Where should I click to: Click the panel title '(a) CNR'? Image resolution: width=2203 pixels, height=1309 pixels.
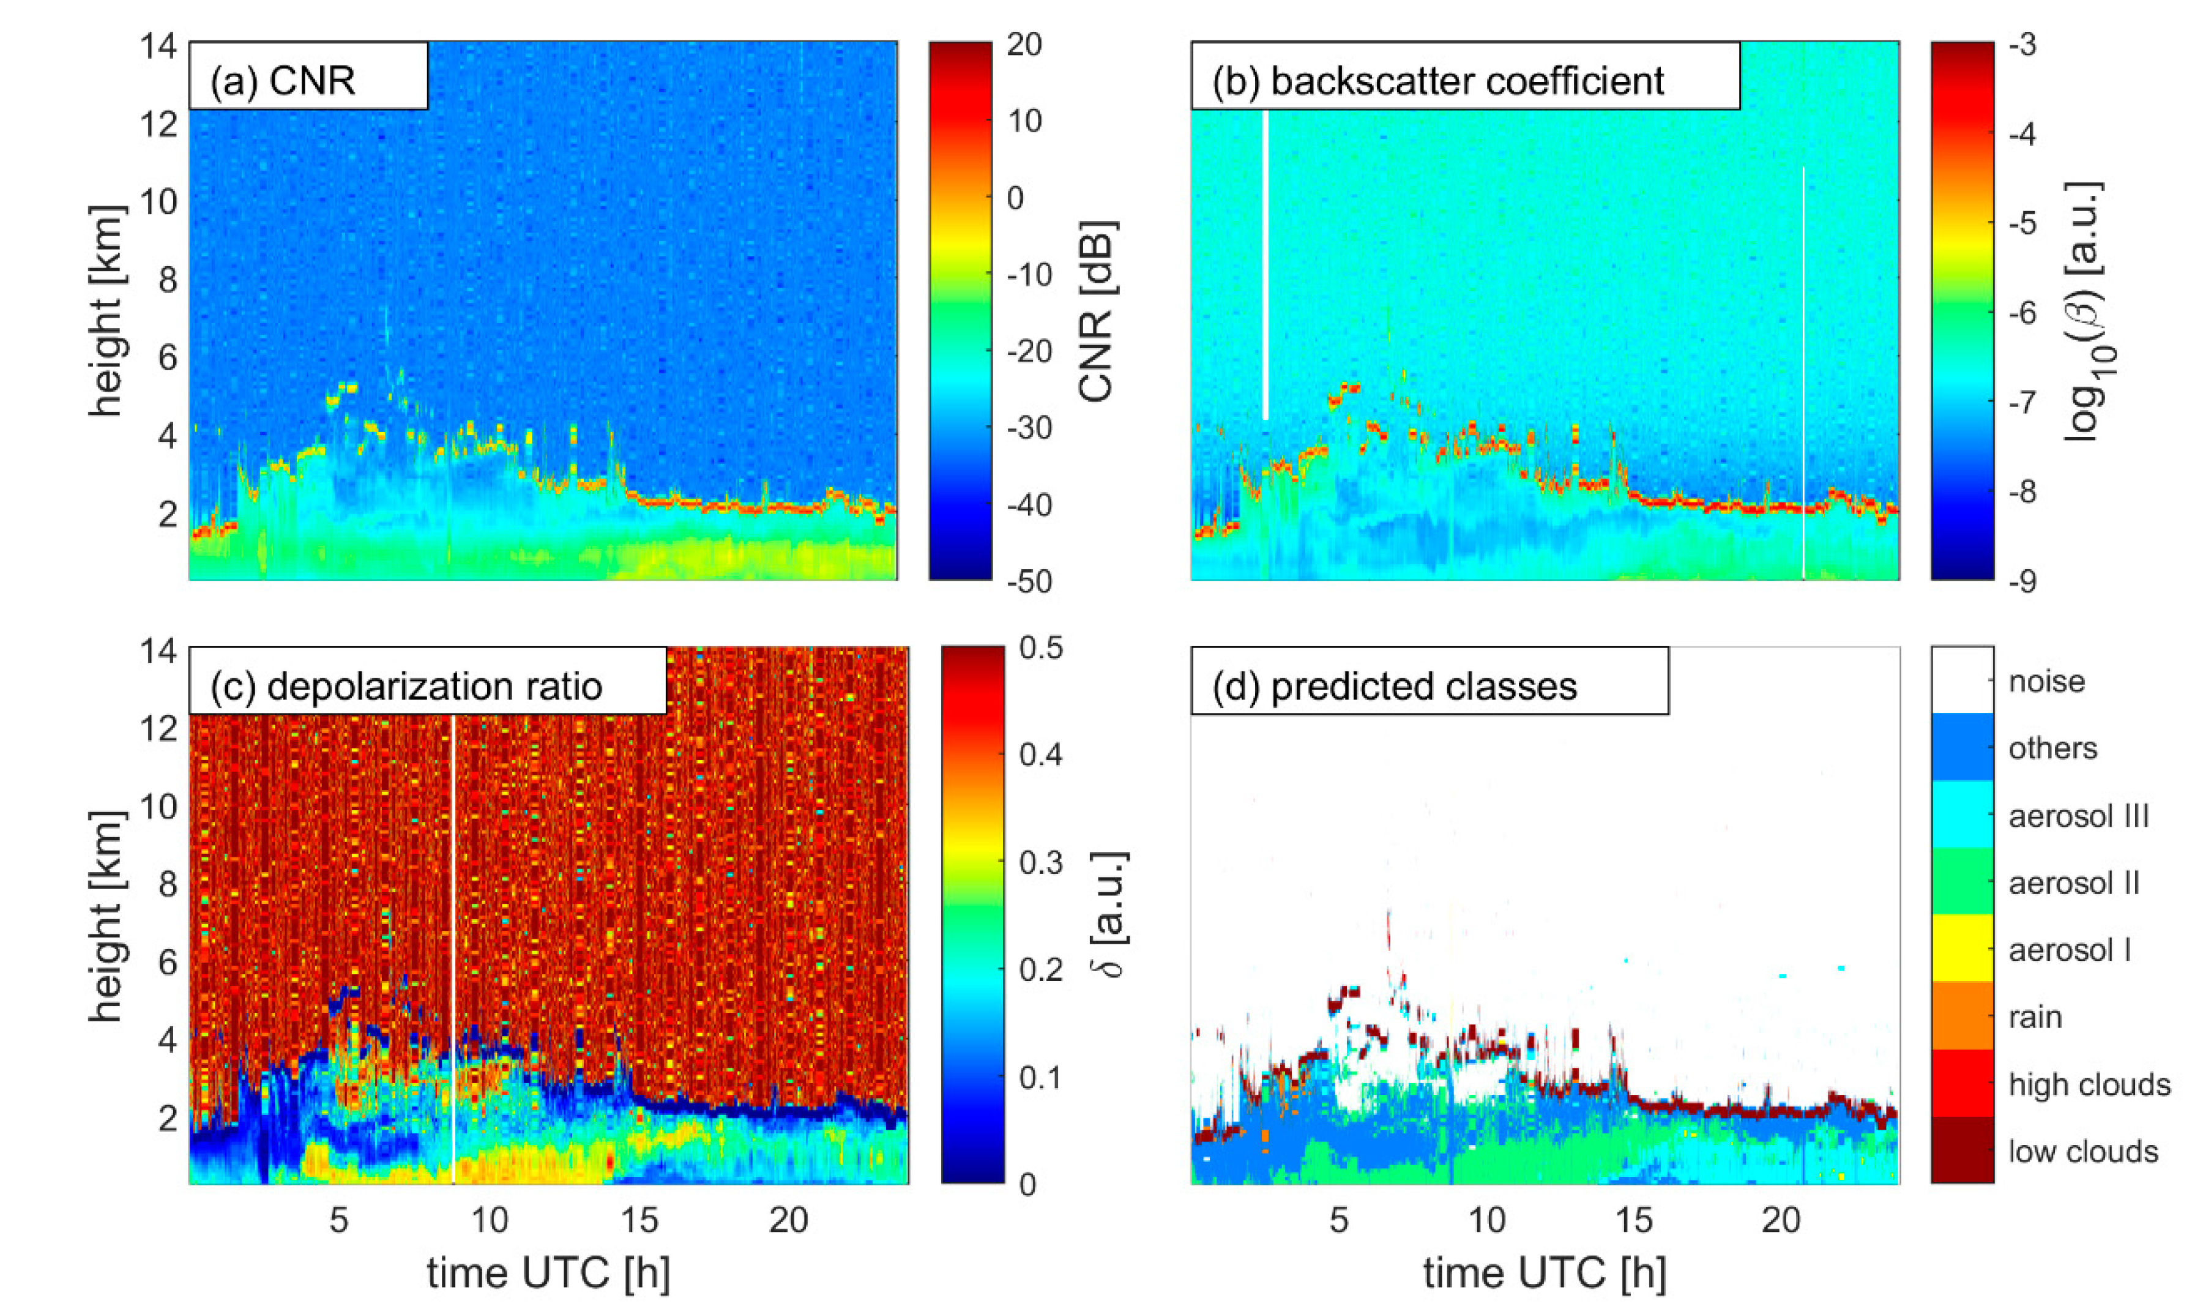point(282,80)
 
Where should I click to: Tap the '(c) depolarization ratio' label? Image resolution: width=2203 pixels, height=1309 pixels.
point(406,686)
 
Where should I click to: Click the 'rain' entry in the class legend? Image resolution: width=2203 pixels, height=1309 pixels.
point(2035,1017)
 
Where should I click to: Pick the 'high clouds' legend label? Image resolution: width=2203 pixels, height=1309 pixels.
point(2089,1084)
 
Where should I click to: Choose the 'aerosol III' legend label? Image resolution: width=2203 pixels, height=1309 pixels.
point(2077,816)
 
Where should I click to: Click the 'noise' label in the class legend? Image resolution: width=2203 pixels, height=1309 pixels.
point(2046,681)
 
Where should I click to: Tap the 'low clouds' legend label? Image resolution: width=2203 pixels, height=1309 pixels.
point(2082,1151)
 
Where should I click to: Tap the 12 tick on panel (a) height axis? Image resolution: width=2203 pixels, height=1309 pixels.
point(158,122)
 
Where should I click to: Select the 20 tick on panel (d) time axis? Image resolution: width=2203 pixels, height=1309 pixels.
point(1781,1220)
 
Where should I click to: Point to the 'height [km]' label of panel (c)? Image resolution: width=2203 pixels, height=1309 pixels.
point(106,917)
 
